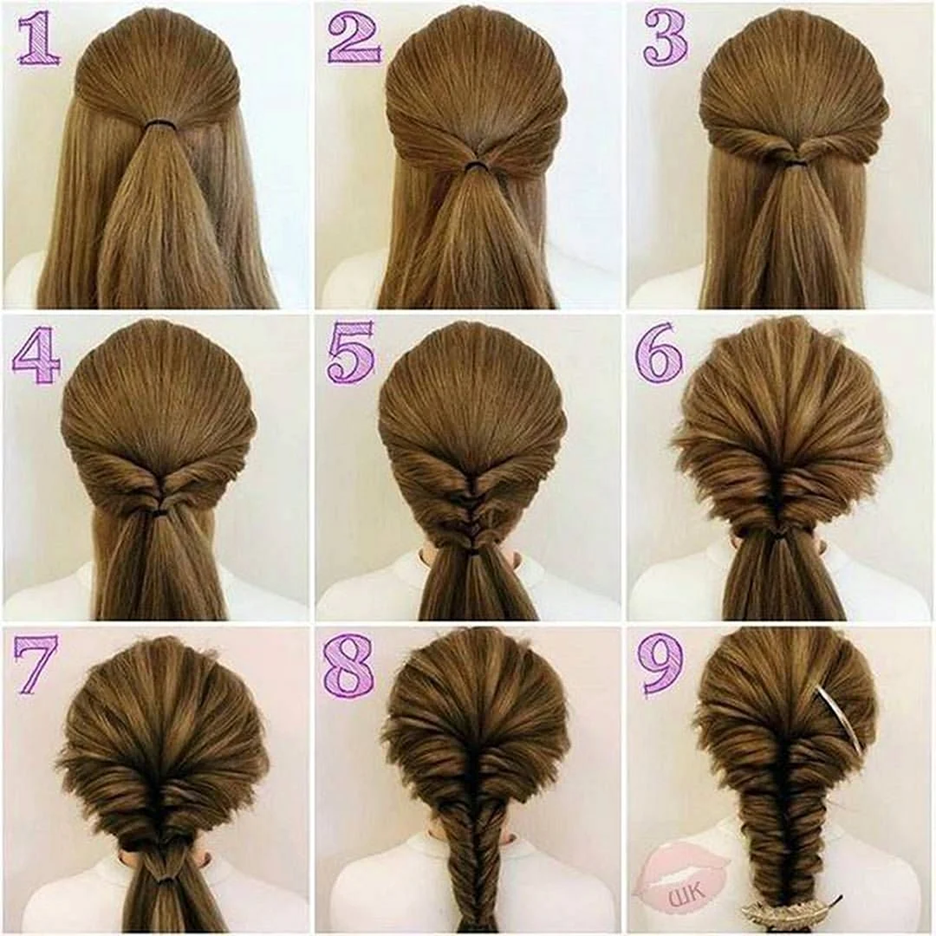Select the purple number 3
tap(665, 39)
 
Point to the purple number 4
tap(37, 357)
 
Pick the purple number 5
tap(351, 352)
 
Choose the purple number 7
tap(36, 665)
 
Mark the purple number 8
tap(349, 665)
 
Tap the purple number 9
tap(661, 665)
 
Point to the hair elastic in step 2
tap(475, 164)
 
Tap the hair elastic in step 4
tap(160, 511)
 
